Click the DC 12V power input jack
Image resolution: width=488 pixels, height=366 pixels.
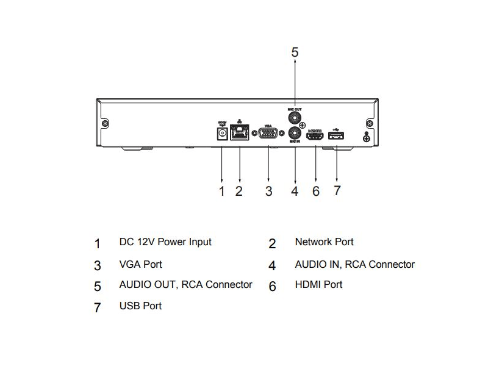coord(221,133)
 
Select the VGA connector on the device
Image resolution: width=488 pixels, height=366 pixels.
coord(268,134)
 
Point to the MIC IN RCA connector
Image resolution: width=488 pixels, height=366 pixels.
coord(295,133)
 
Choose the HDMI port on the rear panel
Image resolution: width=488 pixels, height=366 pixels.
coord(315,135)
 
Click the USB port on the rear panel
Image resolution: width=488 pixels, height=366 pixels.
coord(336,135)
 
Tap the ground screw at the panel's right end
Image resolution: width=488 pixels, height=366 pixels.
coord(367,139)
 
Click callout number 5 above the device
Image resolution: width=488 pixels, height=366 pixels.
coord(295,52)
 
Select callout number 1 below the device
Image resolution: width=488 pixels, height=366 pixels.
coord(222,191)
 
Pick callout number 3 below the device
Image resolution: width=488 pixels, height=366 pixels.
coord(268,191)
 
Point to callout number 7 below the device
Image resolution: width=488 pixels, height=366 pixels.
coord(337,190)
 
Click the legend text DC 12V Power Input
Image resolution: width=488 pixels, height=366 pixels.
coord(165,242)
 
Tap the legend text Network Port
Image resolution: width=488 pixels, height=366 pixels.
coord(324,242)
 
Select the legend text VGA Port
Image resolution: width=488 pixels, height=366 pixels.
coord(140,265)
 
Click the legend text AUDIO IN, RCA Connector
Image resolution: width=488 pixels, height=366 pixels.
coord(354,265)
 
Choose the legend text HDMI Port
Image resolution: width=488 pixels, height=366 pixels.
coord(318,285)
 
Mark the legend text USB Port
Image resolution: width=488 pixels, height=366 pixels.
coord(140,306)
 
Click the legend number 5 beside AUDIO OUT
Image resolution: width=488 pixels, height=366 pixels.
coord(98,286)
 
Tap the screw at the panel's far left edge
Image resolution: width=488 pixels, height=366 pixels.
coord(106,124)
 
